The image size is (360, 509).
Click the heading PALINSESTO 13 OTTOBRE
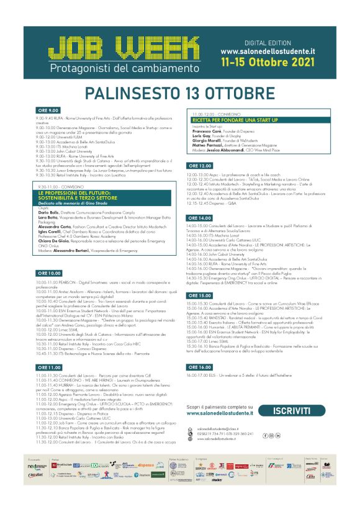(180, 94)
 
